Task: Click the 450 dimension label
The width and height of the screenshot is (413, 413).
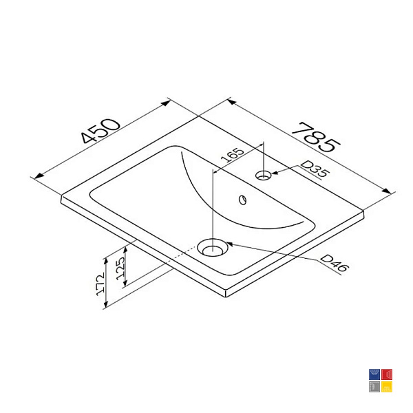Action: pos(101,131)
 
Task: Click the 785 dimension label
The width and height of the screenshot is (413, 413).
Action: pos(316,138)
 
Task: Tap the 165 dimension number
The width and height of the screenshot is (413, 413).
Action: pos(233,156)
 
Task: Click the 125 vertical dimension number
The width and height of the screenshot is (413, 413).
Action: pos(120,268)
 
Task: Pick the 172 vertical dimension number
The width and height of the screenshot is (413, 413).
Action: pos(100,284)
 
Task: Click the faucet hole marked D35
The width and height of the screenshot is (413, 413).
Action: pos(264,175)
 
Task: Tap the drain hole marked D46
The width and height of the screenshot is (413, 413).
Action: pos(212,247)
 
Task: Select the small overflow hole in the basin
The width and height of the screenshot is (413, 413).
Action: pos(242,200)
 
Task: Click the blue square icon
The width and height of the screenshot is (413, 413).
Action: pos(374,374)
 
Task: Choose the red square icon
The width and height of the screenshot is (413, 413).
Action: pos(387,374)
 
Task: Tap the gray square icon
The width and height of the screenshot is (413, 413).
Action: pos(374,387)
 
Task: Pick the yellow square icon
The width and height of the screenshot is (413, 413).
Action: pos(387,387)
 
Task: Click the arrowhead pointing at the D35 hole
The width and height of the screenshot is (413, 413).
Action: pos(275,173)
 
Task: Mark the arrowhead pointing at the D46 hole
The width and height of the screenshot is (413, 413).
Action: pos(230,244)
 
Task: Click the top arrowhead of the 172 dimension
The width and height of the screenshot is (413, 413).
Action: pos(106,262)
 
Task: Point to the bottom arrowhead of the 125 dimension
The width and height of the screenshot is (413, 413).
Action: pos(125,282)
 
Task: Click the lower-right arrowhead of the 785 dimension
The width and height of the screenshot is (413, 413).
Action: pos(387,191)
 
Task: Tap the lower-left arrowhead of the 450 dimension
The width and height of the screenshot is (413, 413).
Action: pos(39,176)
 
